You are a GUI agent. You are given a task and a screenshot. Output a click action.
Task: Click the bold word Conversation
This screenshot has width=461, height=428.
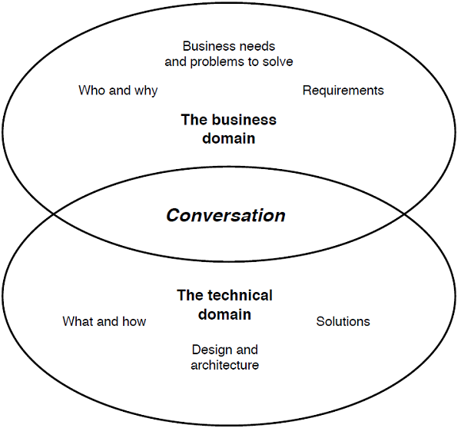click(226, 215)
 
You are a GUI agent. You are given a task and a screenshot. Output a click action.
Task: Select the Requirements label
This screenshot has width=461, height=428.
click(343, 91)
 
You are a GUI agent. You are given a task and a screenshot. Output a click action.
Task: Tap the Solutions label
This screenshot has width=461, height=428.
click(343, 321)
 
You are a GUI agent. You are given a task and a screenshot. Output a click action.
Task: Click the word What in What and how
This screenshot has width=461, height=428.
click(78, 321)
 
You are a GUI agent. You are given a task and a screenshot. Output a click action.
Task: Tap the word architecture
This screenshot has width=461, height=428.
click(224, 365)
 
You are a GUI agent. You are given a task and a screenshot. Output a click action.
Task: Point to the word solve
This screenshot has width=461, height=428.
click(277, 61)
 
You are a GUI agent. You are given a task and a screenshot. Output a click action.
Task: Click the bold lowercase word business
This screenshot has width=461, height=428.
click(242, 120)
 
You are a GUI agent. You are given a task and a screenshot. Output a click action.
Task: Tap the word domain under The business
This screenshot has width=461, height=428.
click(228, 139)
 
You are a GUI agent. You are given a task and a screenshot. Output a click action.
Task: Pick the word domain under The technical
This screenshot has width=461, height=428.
click(224, 314)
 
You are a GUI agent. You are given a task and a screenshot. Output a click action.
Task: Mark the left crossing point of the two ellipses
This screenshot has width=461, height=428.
click(52, 212)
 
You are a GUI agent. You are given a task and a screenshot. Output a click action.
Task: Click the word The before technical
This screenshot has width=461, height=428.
click(189, 295)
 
